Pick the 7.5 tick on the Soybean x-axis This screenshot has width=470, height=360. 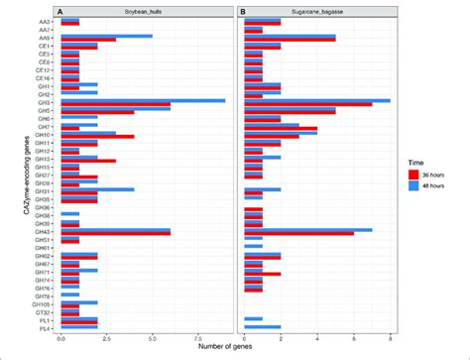(x=197, y=338)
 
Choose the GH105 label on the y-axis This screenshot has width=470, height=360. (x=47, y=302)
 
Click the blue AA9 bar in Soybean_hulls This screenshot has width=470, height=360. (x=107, y=36)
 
